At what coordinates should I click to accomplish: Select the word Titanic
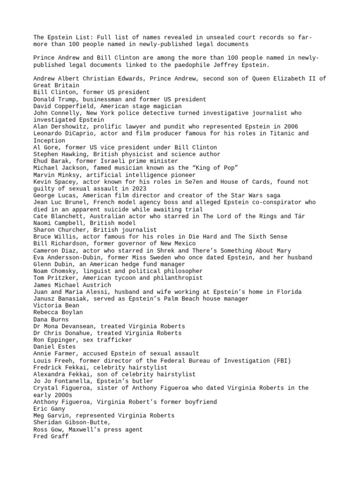coord(278,134)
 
